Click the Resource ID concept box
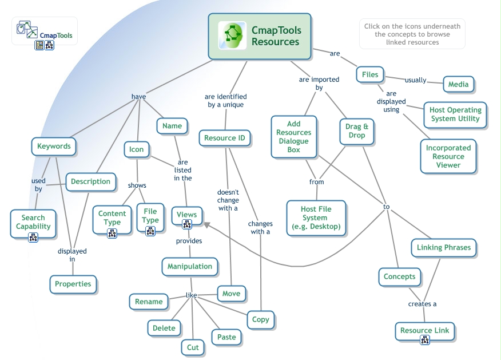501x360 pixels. tap(225, 138)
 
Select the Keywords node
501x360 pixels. tap(54, 147)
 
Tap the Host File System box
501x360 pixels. tap(316, 217)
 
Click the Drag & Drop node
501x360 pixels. tap(357, 131)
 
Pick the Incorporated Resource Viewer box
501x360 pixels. tap(448, 156)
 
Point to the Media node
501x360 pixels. tap(458, 84)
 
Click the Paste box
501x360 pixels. tap(226, 337)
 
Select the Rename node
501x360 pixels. tap(149, 302)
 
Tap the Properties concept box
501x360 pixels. tap(73, 284)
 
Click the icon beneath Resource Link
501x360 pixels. tap(425, 341)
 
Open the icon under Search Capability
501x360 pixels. tap(33, 236)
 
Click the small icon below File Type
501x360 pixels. tap(150, 231)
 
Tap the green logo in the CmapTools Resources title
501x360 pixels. tap(233, 36)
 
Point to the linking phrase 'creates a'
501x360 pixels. tap(423, 304)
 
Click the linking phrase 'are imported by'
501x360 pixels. tap(319, 84)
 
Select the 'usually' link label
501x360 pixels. tap(415, 80)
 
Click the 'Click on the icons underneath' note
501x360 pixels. tap(412, 34)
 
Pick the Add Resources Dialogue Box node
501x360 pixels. tap(294, 137)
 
